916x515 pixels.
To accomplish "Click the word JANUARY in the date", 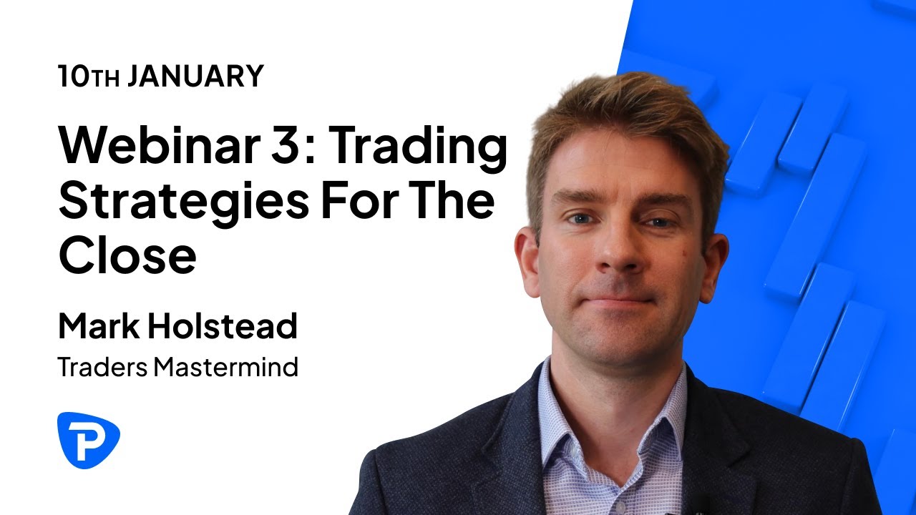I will point(195,76).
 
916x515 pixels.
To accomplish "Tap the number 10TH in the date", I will point(89,76).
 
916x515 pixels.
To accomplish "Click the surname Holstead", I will point(223,326).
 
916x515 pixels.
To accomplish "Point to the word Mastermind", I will point(225,368).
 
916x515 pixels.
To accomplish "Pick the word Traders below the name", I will point(103,368).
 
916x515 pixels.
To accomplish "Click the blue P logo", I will point(88,439).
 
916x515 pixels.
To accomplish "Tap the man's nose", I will point(615,250).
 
